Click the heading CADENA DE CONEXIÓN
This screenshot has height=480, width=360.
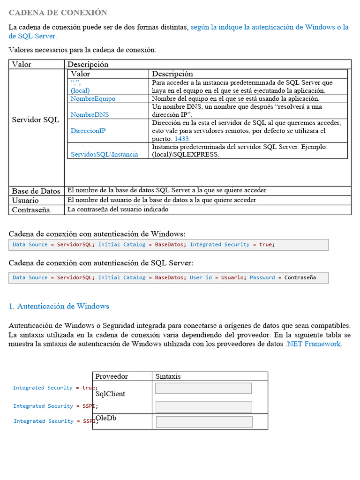tap(58, 13)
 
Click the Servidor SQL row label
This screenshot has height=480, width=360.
tap(35, 120)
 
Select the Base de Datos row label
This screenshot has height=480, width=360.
tap(36, 191)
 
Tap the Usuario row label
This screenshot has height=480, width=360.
tap(25, 201)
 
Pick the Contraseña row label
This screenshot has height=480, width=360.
tap(31, 210)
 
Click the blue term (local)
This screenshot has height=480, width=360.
tap(80, 90)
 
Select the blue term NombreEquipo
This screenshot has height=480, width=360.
tap(93, 99)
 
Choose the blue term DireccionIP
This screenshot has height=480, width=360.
tap(88, 131)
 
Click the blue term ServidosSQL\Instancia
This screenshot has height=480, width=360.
tap(104, 154)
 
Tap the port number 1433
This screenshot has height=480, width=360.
tap(182, 139)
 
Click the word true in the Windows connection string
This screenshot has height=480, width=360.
tap(265, 245)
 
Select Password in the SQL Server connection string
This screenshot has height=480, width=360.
tap(262, 277)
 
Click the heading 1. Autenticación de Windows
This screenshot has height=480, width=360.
tap(59, 306)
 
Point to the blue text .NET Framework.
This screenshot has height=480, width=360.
tap(314, 344)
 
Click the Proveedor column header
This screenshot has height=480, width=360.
tap(112, 376)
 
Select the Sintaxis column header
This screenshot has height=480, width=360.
tap(168, 376)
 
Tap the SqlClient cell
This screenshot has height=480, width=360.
tap(110, 394)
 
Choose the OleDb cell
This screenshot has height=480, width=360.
tap(106, 418)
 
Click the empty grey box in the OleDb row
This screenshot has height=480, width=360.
tap(204, 422)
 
